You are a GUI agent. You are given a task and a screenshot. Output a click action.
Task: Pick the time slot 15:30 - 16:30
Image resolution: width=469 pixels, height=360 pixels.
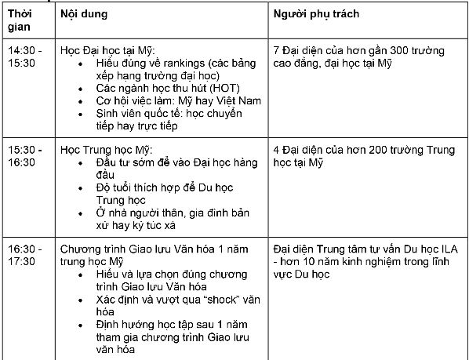click(24, 155)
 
